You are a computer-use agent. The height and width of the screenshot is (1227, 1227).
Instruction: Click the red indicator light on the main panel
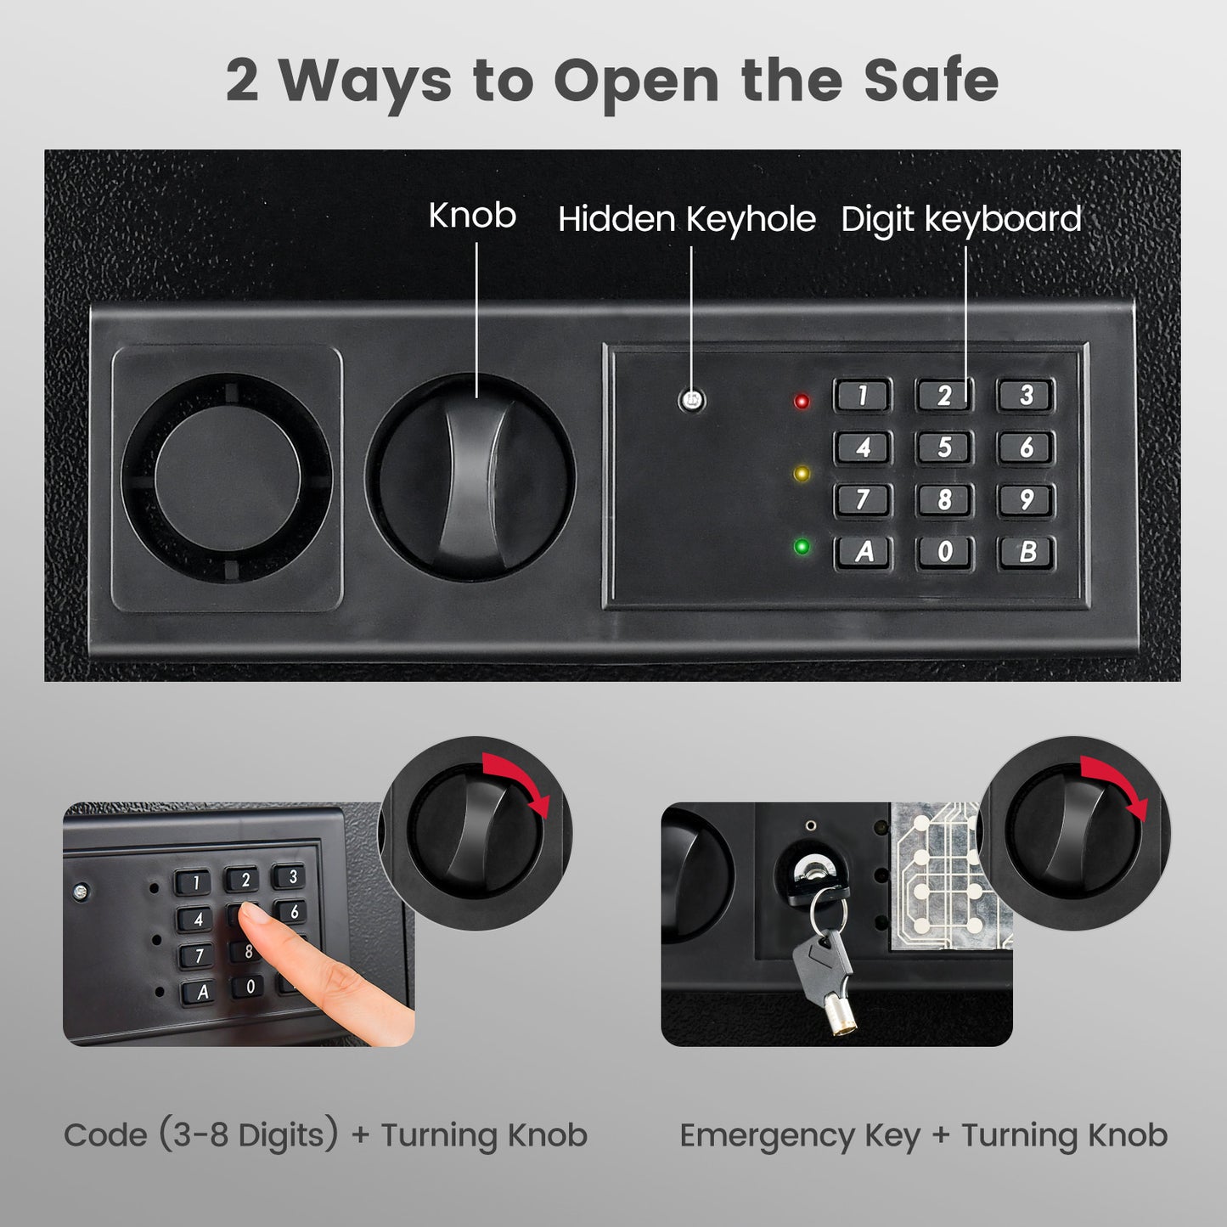(801, 402)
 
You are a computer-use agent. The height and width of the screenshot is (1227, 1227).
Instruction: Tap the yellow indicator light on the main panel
(801, 474)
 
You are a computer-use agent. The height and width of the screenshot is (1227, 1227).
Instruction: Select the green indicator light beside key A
(801, 546)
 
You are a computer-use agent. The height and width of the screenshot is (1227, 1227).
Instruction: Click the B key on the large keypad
(1027, 552)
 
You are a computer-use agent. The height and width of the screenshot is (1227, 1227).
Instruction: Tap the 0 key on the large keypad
(945, 552)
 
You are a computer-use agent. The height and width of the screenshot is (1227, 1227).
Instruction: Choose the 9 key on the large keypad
(1027, 499)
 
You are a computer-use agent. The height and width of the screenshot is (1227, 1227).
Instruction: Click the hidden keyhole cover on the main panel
(692, 400)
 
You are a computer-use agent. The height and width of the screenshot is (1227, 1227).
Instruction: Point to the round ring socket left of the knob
(228, 479)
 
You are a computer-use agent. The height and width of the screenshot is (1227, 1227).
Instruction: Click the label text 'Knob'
(472, 216)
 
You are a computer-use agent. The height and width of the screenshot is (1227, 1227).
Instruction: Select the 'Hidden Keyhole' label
(686, 219)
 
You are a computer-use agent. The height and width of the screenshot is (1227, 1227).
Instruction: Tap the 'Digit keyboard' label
(960, 219)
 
